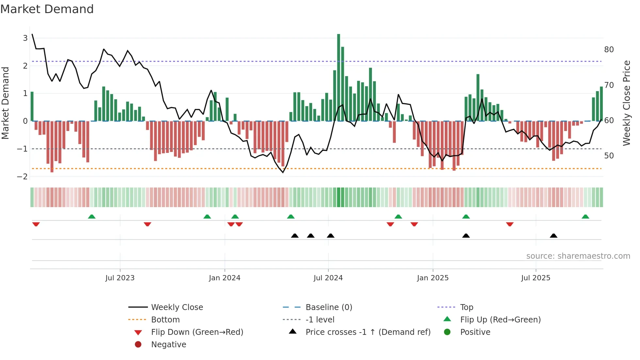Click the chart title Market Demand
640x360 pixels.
[x=47, y=9]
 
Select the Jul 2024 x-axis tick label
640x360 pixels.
[x=328, y=278]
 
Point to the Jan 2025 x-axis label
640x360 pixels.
[x=433, y=278]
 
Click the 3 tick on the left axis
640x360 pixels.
[x=25, y=38]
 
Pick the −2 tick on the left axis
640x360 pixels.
[x=23, y=177]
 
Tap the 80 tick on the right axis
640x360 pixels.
[x=609, y=50]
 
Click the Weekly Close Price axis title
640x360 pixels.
[x=626, y=103]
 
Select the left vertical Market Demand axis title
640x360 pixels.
[x=5, y=103]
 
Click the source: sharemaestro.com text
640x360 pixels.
[x=578, y=256]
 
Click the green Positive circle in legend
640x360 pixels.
[x=447, y=332]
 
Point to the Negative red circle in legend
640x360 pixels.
[x=138, y=345]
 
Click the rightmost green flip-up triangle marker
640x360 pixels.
[x=585, y=217]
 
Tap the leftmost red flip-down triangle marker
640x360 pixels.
[x=36, y=224]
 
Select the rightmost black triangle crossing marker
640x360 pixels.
[x=553, y=236]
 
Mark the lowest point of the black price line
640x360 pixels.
[x=283, y=172]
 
